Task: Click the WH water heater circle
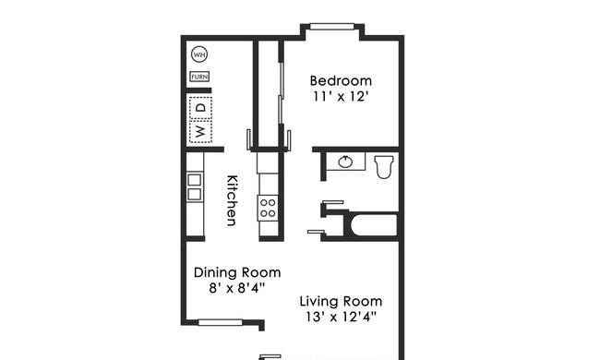click(199, 54)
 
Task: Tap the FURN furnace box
click(199, 77)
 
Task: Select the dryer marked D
click(200, 107)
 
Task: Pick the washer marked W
click(200, 132)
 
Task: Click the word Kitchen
click(232, 200)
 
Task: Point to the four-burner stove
click(268, 208)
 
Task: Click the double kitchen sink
click(195, 187)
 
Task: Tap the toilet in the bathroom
click(384, 166)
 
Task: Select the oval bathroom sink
click(345, 162)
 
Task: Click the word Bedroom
click(341, 80)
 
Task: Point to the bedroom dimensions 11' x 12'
click(341, 96)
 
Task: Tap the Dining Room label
click(237, 272)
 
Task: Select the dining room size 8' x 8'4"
click(237, 288)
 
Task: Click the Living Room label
click(341, 302)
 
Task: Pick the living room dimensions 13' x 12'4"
click(341, 317)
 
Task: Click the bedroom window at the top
click(331, 27)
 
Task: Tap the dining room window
click(221, 322)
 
